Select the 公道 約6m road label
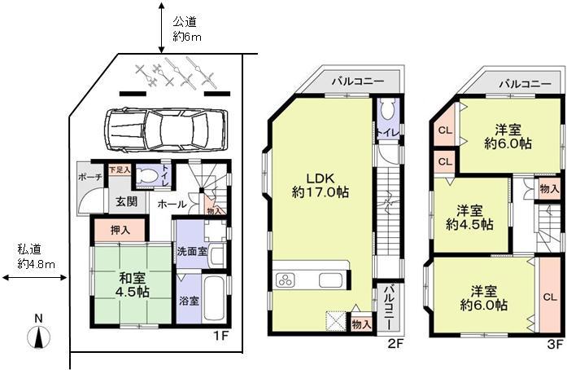click(186, 30)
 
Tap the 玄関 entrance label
click(125, 201)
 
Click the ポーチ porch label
click(89, 178)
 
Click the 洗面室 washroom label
click(189, 251)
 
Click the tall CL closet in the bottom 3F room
click(550, 295)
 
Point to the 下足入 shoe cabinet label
click(119, 170)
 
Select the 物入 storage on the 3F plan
click(549, 188)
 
